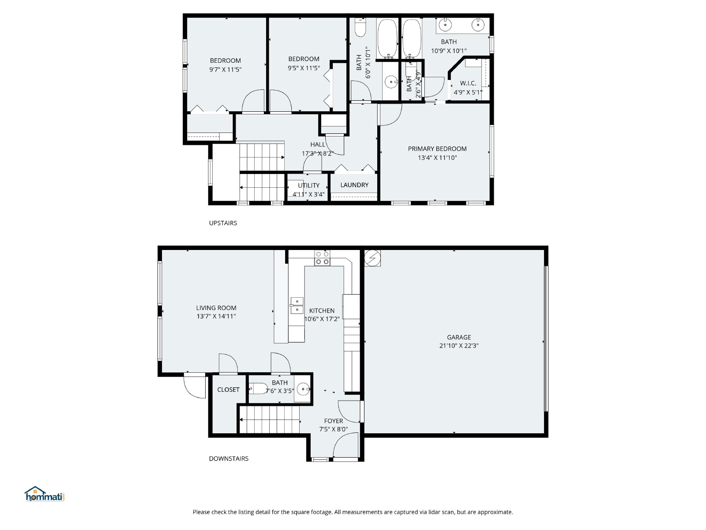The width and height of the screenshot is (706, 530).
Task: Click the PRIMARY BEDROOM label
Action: pyautogui.click(x=437, y=149)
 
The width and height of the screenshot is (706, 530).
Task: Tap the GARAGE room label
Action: pyautogui.click(x=458, y=337)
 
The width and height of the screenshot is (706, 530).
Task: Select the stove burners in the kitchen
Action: pyautogui.click(x=322, y=258)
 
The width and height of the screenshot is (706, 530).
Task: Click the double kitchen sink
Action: pyautogui.click(x=297, y=305)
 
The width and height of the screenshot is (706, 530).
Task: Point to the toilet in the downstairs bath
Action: pyautogui.click(x=258, y=389)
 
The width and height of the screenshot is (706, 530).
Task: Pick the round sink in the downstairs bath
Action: pyautogui.click(x=303, y=390)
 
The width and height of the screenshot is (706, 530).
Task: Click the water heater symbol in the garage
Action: pyautogui.click(x=372, y=258)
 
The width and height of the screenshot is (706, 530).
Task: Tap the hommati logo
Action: pyautogui.click(x=45, y=494)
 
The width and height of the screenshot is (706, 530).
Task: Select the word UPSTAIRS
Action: pyautogui.click(x=223, y=223)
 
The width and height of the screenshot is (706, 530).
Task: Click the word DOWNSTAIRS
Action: pyautogui.click(x=229, y=458)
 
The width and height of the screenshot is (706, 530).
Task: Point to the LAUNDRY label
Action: pyautogui.click(x=354, y=185)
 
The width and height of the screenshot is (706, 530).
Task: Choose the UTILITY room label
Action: pyautogui.click(x=309, y=185)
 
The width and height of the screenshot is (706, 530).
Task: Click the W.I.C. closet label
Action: pyautogui.click(x=468, y=83)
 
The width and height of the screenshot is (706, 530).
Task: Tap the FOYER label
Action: pyautogui.click(x=334, y=421)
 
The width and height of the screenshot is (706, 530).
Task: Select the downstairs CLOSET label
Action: pyautogui.click(x=229, y=390)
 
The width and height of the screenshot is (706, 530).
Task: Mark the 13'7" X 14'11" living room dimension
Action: pyautogui.click(x=216, y=316)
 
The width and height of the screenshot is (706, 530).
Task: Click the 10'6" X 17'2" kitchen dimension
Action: pyautogui.click(x=322, y=319)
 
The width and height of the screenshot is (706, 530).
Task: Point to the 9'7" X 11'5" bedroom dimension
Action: pyautogui.click(x=225, y=69)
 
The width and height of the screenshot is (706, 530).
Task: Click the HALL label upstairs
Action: pyautogui.click(x=318, y=144)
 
